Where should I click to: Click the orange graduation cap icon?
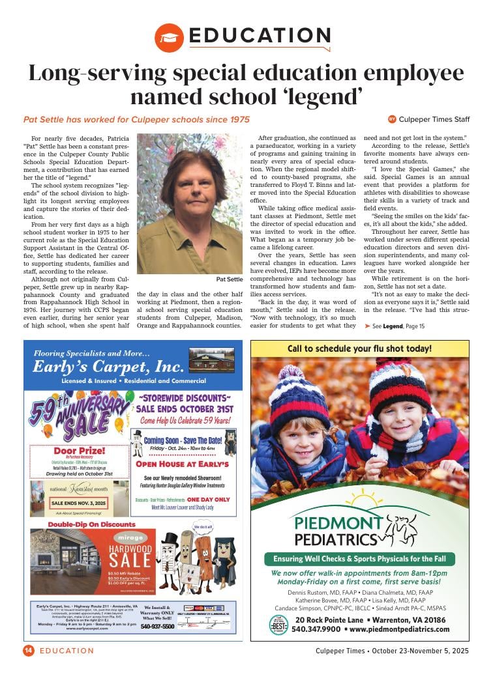click(x=170, y=38)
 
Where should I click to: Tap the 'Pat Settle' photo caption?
click(x=229, y=279)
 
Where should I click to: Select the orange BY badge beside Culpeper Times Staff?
click(x=392, y=119)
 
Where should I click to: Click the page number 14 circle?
click(x=28, y=650)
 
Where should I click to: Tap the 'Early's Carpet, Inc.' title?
click(x=108, y=365)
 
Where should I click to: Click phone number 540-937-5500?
click(x=158, y=627)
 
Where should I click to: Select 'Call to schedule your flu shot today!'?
click(x=359, y=348)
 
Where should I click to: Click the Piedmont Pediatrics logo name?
click(x=336, y=530)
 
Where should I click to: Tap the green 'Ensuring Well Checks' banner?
click(x=359, y=559)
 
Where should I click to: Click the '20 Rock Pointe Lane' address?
click(x=370, y=619)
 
